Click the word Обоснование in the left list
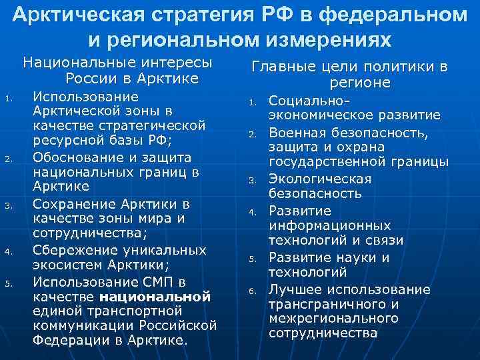coord(74,158)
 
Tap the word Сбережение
coord(73,250)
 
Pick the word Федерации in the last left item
coord(66,341)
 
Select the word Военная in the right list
coord(294,133)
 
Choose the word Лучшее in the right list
coord(292,289)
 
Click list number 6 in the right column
coord(253,290)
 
